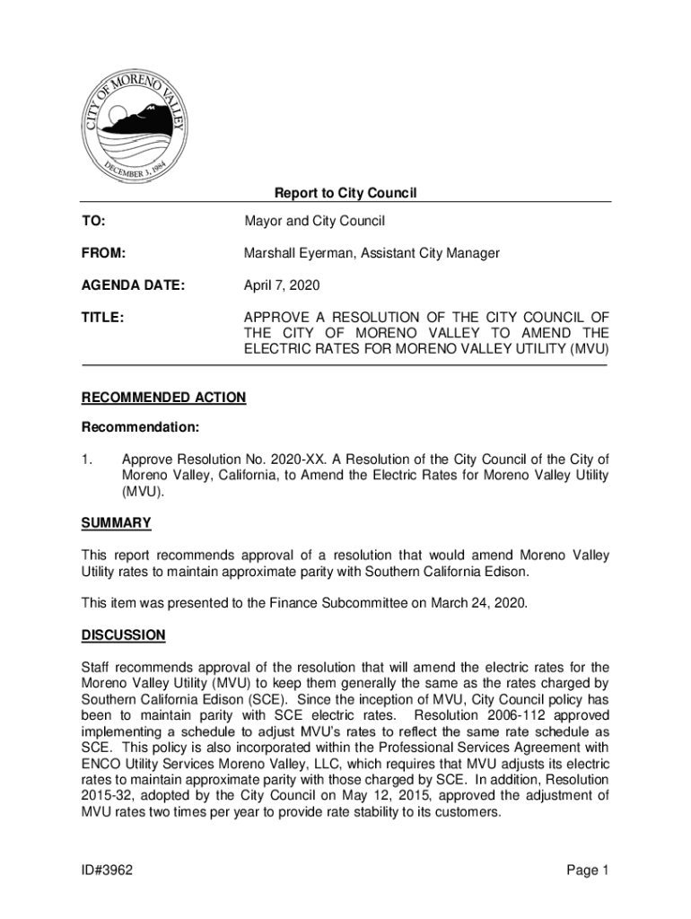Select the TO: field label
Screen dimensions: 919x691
pos(93,221)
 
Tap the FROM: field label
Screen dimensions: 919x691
pos(103,254)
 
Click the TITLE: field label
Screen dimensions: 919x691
pos(102,317)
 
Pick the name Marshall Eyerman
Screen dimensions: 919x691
pos(298,254)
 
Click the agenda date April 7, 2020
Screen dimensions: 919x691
pos(282,286)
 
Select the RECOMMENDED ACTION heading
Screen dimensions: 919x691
pos(163,398)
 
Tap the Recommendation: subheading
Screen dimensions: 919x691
pos(140,427)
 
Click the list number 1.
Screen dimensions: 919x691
pos(86,459)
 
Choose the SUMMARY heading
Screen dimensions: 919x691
pos(116,522)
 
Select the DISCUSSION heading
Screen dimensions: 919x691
pos(123,635)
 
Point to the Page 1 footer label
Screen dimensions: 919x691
pos(587,870)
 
